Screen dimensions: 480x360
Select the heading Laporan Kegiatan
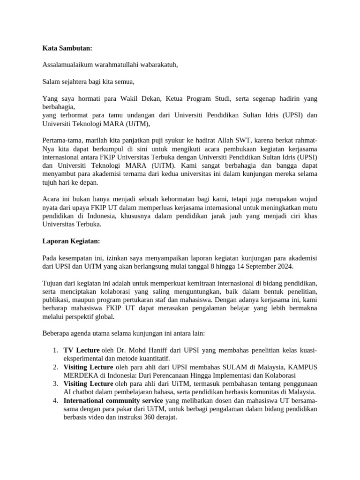71,241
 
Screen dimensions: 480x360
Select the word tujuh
49,183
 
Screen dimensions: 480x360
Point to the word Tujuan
53,283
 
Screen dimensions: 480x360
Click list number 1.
55,350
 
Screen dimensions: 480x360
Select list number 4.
55,401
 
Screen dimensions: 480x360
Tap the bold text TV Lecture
82,350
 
